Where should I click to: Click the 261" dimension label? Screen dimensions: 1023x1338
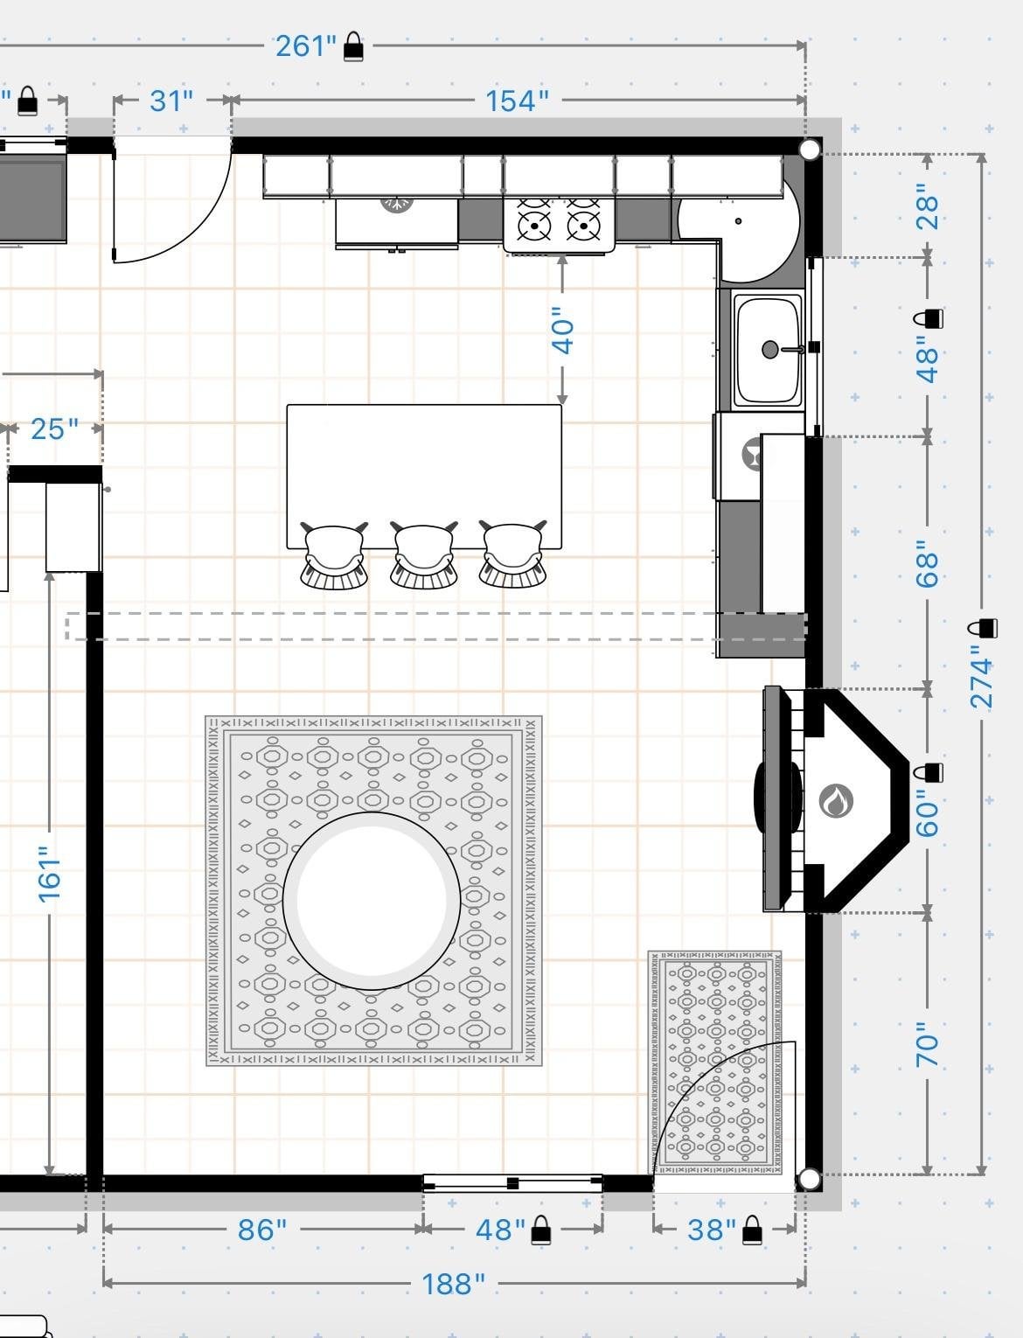(306, 46)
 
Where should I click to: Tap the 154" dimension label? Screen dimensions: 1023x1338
(517, 101)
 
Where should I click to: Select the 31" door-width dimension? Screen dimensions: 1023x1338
(171, 101)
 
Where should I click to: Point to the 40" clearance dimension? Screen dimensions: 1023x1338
(562, 330)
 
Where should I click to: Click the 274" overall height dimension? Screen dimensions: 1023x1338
(981, 677)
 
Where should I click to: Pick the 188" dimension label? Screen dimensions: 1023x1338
(453, 1285)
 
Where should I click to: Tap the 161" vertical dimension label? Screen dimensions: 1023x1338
(50, 875)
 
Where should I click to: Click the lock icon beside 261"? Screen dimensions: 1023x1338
(353, 47)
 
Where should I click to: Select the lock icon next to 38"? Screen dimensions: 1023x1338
(752, 1230)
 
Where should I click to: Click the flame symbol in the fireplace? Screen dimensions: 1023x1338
(836, 800)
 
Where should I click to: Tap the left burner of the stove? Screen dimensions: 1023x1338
(534, 226)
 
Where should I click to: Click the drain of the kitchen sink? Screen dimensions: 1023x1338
(770, 349)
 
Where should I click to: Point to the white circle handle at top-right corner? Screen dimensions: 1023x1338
(809, 150)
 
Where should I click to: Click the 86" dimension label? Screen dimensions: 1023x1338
(262, 1230)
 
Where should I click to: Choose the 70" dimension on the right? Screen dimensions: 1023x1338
(927, 1045)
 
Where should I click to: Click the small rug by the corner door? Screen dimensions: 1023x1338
(715, 1063)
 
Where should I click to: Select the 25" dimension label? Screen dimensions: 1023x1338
(54, 429)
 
